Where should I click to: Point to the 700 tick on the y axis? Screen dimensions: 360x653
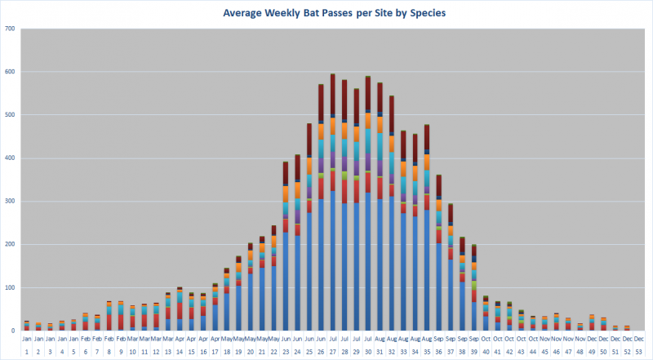point(11,29)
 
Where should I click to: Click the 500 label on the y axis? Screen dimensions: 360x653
point(11,115)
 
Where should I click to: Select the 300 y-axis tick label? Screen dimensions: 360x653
point(11,202)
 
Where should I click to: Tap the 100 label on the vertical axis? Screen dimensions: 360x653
point(11,287)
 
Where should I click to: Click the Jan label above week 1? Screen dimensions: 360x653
point(27,338)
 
